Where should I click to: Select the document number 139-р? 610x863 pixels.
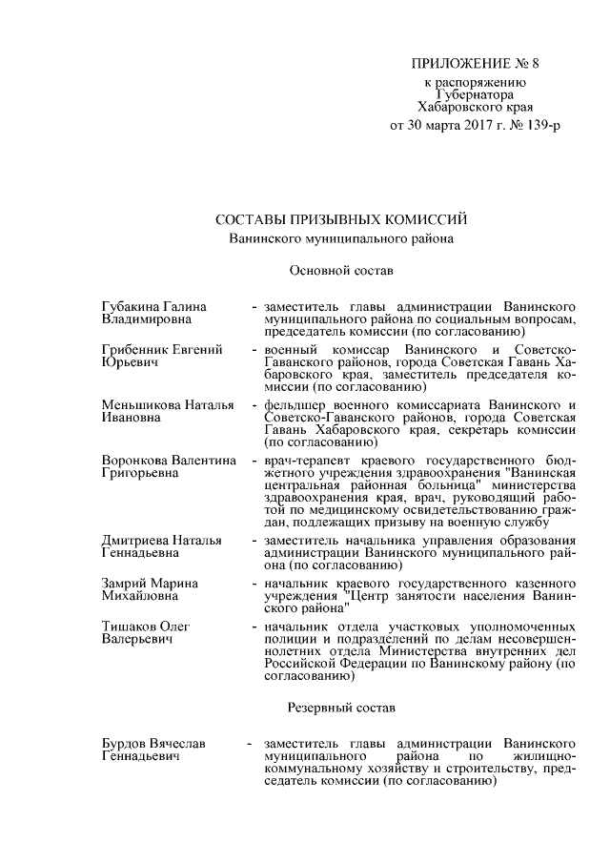pos(530,125)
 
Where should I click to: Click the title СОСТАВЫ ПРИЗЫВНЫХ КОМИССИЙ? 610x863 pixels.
pos(341,220)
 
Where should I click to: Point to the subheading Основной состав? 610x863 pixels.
pos(340,272)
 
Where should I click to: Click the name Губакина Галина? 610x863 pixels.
pos(153,307)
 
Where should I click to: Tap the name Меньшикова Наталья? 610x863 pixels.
pos(167,405)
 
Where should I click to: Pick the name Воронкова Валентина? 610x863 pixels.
pos(169,461)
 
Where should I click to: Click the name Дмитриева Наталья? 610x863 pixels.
pos(160,541)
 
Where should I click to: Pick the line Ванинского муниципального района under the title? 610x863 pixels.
pos(340,239)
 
